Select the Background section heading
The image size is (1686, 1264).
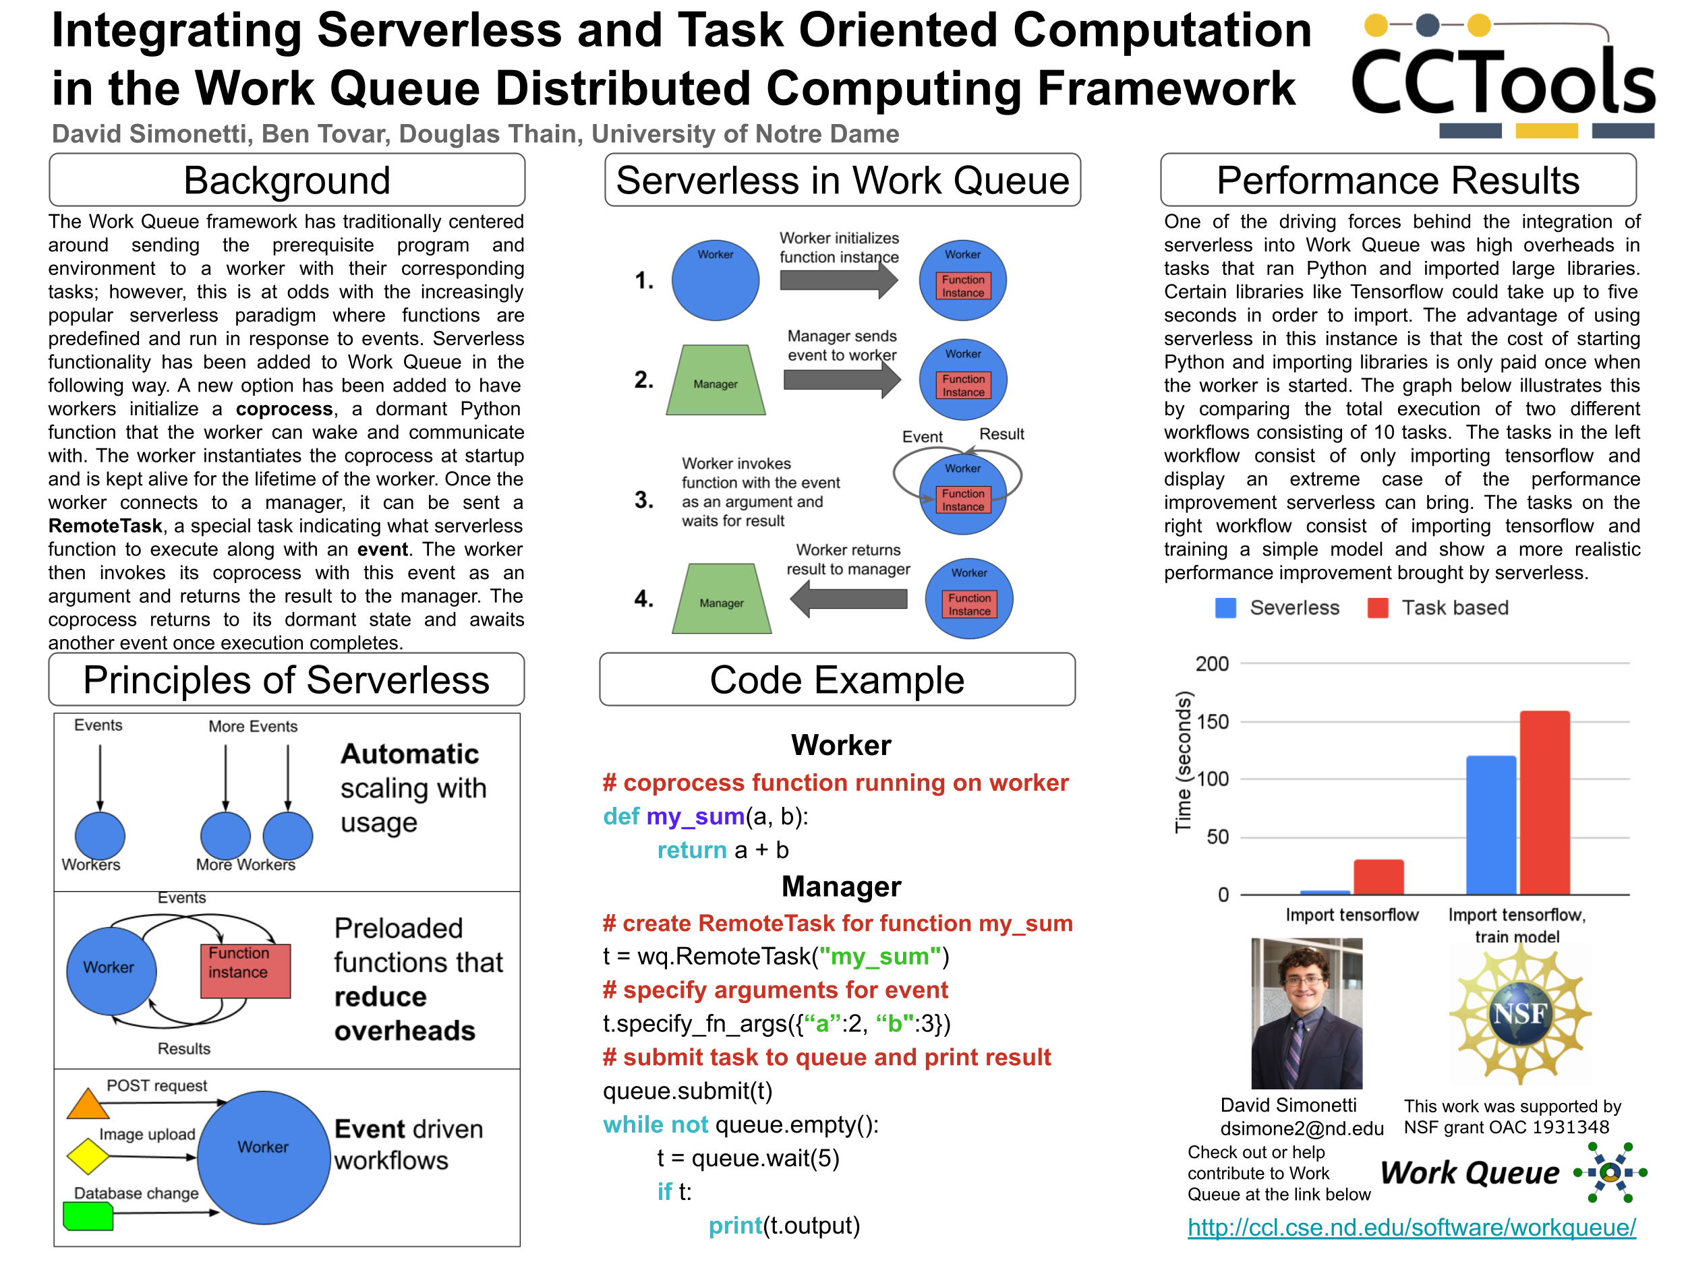click(x=287, y=181)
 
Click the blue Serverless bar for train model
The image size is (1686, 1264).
click(x=1490, y=824)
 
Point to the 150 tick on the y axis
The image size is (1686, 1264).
click(x=1212, y=721)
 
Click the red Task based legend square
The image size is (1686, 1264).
click(x=1377, y=608)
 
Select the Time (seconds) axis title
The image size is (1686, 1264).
click(x=1183, y=762)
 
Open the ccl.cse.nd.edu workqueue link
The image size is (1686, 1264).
click(x=1412, y=1228)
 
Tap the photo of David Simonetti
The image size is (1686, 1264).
click(x=1306, y=1013)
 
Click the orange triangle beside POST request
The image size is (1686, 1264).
click(x=88, y=1105)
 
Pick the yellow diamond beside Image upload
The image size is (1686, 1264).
click(x=88, y=1157)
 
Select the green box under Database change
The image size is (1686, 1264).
click(x=88, y=1216)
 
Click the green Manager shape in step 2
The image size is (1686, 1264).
click(x=715, y=381)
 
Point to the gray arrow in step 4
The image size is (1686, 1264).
click(x=848, y=599)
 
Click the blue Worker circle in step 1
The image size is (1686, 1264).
click(x=715, y=280)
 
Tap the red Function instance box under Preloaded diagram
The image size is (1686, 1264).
click(x=245, y=970)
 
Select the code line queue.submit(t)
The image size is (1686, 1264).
click(x=687, y=1091)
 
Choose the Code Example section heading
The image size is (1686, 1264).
click(x=837, y=680)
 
